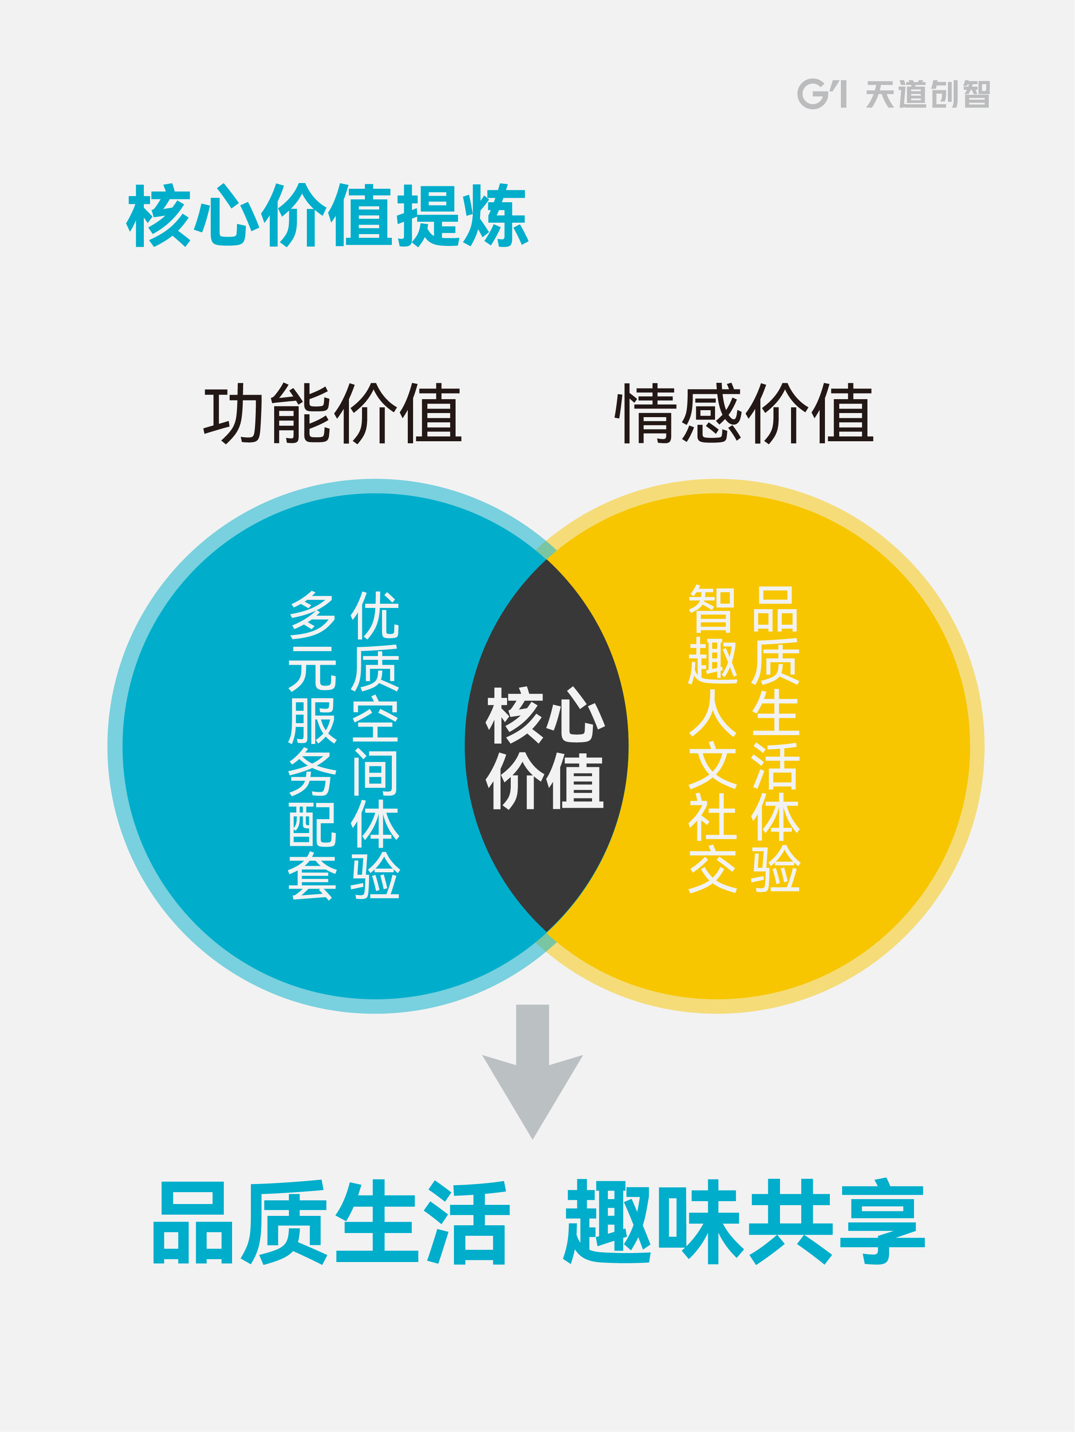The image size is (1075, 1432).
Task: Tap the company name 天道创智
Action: pyautogui.click(x=927, y=94)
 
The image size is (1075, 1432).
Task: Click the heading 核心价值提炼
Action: pyautogui.click(x=327, y=216)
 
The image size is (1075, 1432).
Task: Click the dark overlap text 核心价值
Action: pyautogui.click(x=545, y=748)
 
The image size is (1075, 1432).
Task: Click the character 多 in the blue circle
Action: pyautogui.click(x=312, y=615)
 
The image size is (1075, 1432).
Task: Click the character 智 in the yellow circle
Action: pyautogui.click(x=712, y=608)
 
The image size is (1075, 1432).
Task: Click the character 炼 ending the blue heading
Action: pyautogui.click(x=495, y=216)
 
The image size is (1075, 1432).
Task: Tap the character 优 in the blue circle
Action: pyautogui.click(x=375, y=615)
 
